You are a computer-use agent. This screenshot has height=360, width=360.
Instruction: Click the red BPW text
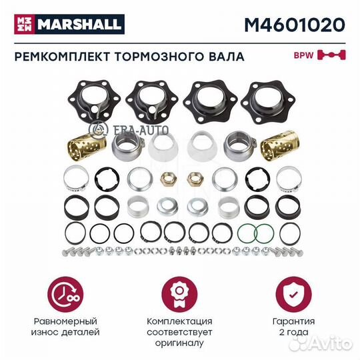304,55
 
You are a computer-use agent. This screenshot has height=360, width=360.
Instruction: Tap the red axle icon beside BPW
330,55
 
